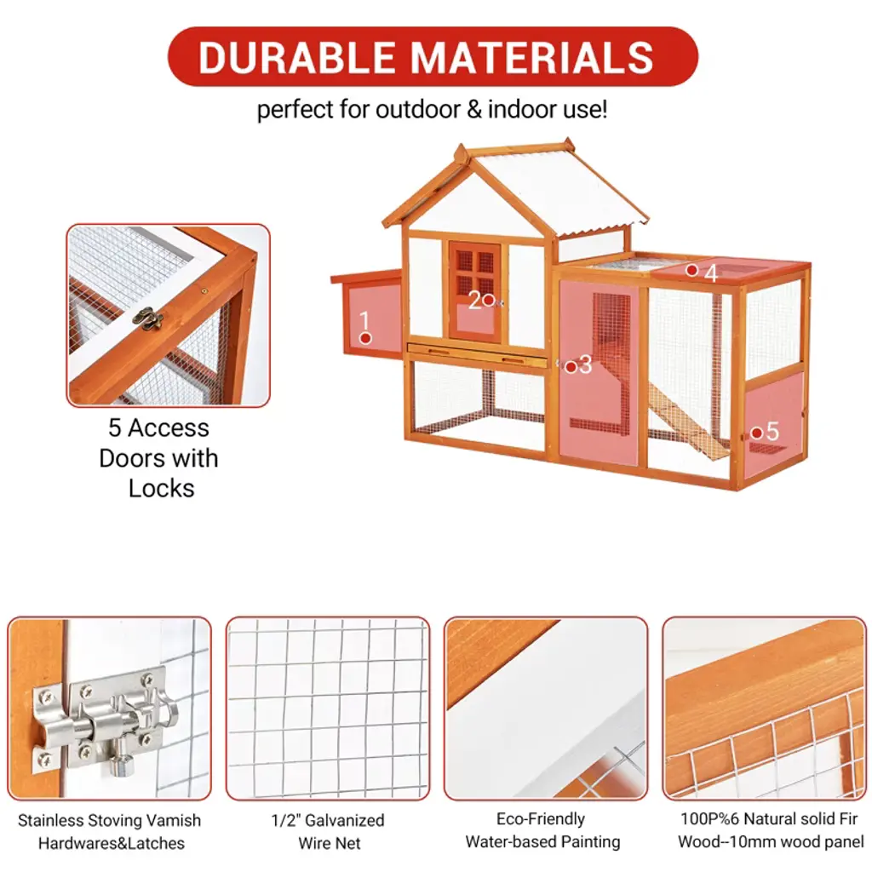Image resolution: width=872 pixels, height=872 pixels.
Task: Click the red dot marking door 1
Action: click(365, 337)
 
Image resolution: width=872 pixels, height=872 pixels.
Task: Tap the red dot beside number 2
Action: click(488, 300)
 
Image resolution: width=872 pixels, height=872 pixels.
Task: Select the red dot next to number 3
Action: click(570, 367)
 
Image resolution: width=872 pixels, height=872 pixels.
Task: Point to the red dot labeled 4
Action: click(691, 270)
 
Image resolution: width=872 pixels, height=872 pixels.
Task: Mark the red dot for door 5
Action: click(756, 433)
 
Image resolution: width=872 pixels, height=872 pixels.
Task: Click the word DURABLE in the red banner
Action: click(296, 57)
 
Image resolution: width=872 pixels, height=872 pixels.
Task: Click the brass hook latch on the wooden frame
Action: click(148, 318)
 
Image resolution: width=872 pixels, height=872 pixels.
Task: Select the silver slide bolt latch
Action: click(106, 720)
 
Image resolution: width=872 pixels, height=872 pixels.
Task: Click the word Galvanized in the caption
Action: click(345, 820)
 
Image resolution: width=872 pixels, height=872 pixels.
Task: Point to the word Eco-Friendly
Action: click(541, 818)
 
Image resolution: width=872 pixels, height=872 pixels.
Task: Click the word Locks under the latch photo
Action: click(161, 488)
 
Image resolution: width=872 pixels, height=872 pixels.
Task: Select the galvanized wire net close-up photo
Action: click(328, 708)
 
